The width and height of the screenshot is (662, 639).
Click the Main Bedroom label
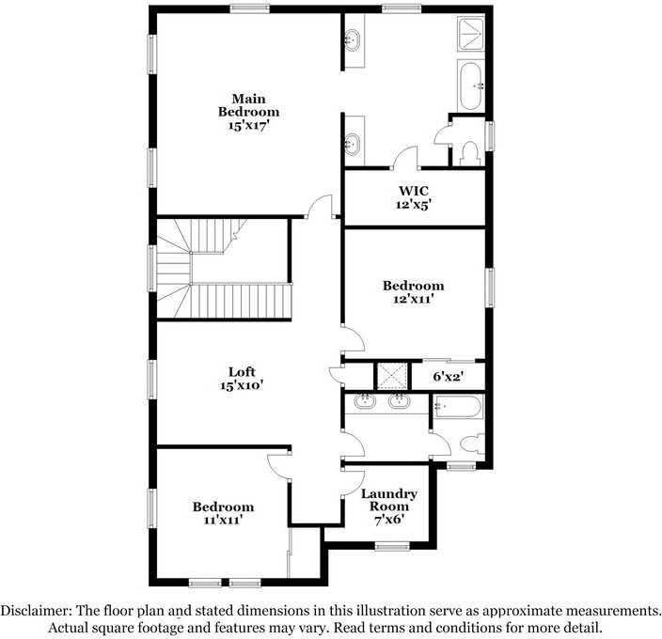(x=249, y=105)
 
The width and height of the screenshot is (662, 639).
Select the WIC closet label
(x=414, y=191)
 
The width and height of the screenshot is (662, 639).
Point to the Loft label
(x=242, y=371)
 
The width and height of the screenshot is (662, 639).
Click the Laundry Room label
(x=389, y=499)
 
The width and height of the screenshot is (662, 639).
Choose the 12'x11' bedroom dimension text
(x=413, y=299)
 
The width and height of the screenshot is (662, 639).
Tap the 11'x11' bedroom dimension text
(x=223, y=519)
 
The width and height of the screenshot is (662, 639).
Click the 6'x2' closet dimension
(x=449, y=376)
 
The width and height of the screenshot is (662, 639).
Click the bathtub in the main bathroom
(x=470, y=86)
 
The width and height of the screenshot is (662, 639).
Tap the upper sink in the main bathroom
(x=354, y=40)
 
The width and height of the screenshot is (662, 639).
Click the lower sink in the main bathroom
(x=354, y=144)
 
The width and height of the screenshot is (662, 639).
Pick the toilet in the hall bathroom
(x=472, y=443)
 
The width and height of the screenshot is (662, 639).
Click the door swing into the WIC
(x=406, y=159)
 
